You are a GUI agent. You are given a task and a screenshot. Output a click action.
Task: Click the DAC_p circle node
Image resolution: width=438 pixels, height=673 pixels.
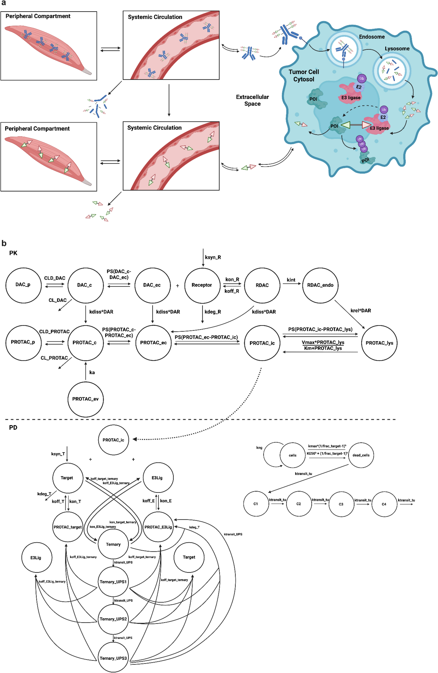click(x=23, y=285)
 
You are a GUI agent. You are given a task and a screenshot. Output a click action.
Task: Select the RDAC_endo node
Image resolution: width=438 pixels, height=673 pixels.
click(x=320, y=285)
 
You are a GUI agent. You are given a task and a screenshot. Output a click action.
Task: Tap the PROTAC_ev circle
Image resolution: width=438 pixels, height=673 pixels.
click(x=85, y=399)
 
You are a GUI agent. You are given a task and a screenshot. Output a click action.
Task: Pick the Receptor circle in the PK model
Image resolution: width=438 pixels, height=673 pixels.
click(x=202, y=285)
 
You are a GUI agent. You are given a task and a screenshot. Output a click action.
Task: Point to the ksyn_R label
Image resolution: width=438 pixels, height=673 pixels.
click(x=213, y=257)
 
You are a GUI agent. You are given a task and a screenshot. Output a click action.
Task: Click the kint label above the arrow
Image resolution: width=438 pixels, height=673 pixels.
click(x=291, y=280)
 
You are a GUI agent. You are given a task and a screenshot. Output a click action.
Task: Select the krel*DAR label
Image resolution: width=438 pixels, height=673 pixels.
click(x=361, y=310)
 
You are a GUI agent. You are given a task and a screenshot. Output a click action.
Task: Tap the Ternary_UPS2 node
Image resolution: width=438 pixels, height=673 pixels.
click(x=113, y=619)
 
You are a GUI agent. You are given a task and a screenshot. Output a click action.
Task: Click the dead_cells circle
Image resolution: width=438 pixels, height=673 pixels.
click(x=361, y=455)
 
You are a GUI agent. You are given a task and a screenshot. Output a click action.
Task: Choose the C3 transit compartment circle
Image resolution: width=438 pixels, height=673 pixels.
click(x=341, y=504)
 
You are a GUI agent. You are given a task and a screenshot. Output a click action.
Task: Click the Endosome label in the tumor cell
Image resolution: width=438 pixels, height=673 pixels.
click(x=372, y=37)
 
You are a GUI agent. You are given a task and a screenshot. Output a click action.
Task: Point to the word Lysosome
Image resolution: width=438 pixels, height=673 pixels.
click(x=397, y=49)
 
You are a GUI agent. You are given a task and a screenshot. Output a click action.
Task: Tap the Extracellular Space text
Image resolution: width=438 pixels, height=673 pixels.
click(x=252, y=100)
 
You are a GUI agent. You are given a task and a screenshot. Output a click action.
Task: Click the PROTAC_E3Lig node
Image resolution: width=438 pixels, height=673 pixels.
click(x=158, y=527)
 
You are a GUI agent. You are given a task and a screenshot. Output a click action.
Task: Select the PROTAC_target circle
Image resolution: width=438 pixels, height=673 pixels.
click(x=68, y=527)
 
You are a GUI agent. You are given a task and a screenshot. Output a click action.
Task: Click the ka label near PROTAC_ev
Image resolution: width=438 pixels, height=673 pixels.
click(x=92, y=372)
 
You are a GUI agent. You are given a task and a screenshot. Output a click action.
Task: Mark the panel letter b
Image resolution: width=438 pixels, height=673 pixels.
click(x=4, y=243)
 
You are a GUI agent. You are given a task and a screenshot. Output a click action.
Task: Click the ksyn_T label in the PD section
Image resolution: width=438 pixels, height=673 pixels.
click(x=58, y=454)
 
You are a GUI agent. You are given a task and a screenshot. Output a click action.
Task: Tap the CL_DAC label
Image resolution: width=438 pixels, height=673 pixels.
click(x=57, y=300)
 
